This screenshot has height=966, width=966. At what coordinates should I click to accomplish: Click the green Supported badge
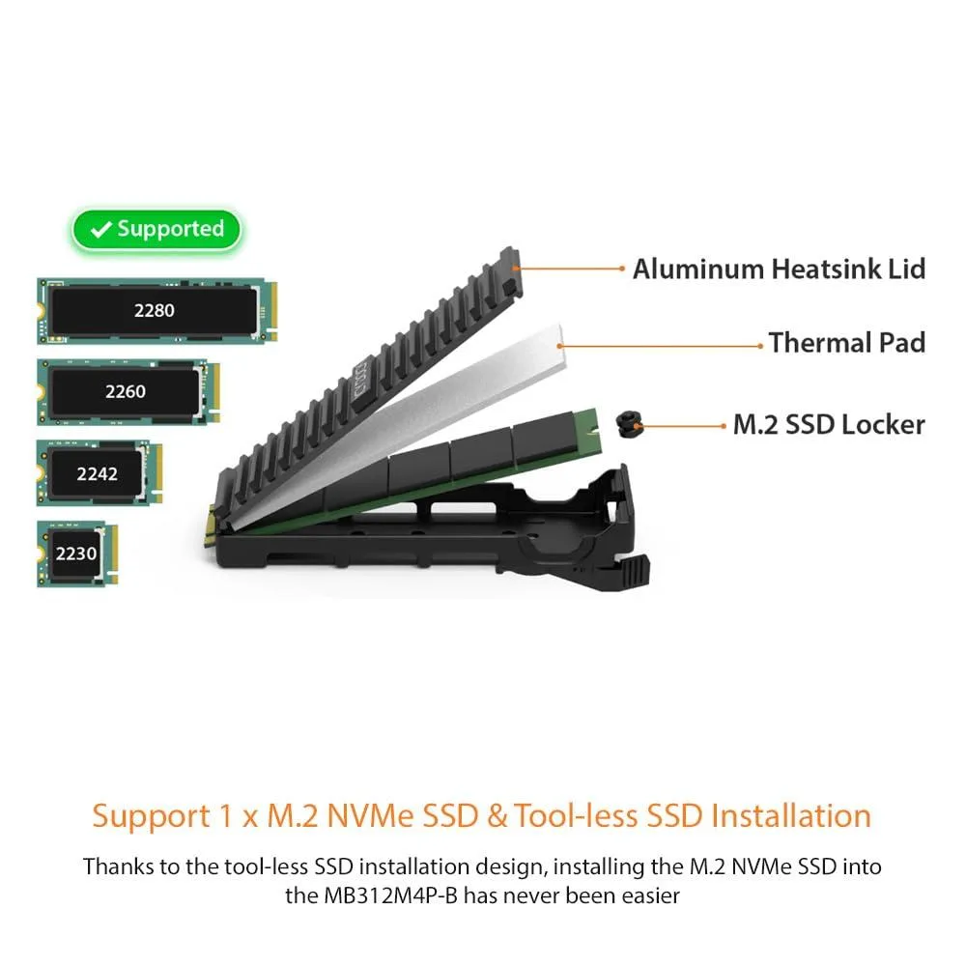[x=156, y=229]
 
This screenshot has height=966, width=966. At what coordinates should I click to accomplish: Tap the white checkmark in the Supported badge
[x=101, y=230]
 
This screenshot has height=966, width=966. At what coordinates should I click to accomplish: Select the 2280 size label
[x=154, y=310]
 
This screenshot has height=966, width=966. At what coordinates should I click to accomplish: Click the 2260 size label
[x=125, y=392]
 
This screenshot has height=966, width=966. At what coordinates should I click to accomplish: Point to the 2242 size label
[x=97, y=473]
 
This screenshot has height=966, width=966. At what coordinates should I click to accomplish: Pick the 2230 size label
[x=75, y=554]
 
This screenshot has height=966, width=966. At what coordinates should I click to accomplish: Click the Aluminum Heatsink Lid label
[x=779, y=270]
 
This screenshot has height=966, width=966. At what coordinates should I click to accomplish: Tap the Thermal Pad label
[x=847, y=343]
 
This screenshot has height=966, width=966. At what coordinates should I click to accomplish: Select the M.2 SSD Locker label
[x=829, y=425]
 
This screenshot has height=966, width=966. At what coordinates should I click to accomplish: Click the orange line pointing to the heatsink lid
[x=569, y=269]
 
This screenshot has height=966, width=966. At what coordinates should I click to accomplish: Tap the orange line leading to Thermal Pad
[x=661, y=346]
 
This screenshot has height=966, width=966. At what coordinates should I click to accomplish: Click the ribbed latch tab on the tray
[x=635, y=571]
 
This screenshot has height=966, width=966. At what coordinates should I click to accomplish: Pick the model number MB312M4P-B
[x=390, y=895]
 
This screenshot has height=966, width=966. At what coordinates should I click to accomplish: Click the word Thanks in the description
[x=118, y=867]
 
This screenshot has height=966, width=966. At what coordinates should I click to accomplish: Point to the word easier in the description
[x=650, y=895]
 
